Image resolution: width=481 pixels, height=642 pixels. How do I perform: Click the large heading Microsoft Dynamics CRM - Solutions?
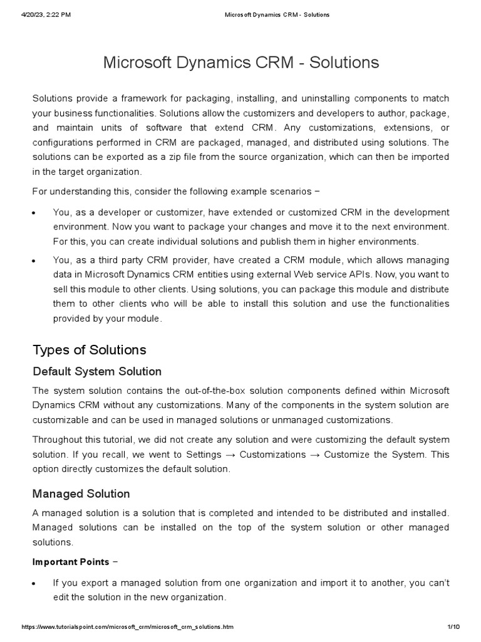point(240,63)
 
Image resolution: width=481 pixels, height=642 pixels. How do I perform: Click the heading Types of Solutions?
point(89,350)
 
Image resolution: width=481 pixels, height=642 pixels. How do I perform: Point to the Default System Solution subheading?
point(96,371)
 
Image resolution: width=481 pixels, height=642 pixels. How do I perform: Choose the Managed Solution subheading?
point(81,494)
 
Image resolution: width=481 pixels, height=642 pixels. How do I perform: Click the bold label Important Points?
point(71,561)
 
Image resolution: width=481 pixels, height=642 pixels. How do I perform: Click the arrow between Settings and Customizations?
point(234,454)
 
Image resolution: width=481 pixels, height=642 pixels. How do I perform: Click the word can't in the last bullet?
point(438,582)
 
